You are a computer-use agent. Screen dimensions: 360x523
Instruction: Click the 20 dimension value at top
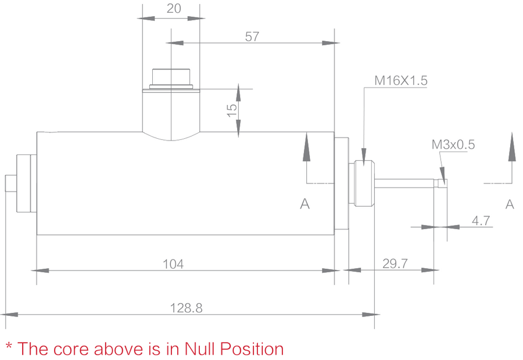click(x=173, y=8)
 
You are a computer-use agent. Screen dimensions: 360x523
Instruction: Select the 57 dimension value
click(x=252, y=37)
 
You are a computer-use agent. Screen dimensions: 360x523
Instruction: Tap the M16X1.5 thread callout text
click(x=400, y=81)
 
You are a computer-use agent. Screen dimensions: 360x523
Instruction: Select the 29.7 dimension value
click(x=395, y=263)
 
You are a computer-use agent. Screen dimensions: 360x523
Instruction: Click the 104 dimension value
click(x=173, y=264)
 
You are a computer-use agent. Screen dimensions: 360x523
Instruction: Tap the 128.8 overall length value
click(x=186, y=308)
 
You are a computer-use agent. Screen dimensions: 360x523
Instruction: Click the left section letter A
click(x=305, y=204)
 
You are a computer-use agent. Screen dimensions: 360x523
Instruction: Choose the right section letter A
click(x=510, y=204)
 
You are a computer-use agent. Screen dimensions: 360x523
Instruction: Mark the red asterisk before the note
click(x=9, y=347)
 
